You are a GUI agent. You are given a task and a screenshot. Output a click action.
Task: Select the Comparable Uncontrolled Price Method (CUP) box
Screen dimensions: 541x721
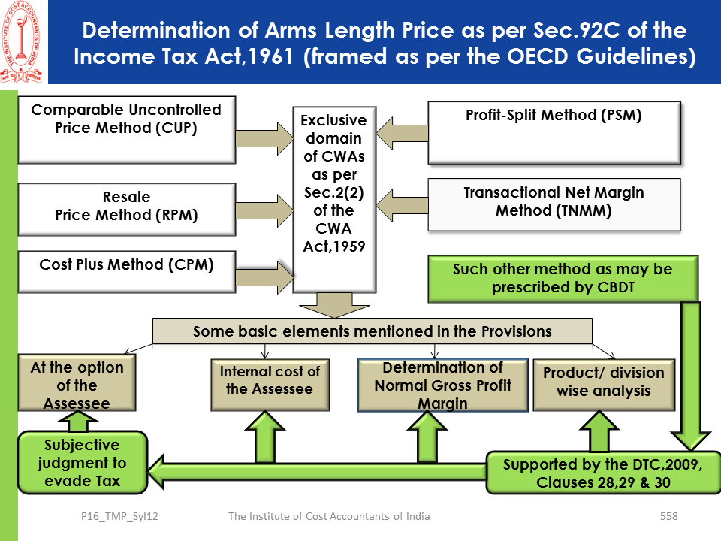click(125, 128)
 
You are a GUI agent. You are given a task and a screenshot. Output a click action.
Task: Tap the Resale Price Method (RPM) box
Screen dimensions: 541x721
click(125, 207)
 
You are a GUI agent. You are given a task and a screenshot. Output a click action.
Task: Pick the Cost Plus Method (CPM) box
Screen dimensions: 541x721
click(125, 273)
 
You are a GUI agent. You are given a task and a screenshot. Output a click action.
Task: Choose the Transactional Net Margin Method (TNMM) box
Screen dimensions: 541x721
click(554, 204)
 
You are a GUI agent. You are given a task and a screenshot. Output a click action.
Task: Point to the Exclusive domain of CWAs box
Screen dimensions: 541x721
click(333, 199)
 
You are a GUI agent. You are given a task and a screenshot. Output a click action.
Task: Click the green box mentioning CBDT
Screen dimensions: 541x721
click(563, 279)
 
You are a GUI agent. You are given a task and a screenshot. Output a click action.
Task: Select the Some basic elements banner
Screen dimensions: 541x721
click(372, 331)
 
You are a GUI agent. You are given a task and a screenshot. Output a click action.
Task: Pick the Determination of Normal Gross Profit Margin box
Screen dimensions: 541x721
click(442, 385)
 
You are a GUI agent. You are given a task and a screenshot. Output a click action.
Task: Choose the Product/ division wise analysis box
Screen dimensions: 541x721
click(604, 382)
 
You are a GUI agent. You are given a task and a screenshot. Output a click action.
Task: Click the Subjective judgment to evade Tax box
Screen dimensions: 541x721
click(80, 463)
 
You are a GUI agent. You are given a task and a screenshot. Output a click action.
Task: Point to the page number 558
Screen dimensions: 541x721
click(668, 516)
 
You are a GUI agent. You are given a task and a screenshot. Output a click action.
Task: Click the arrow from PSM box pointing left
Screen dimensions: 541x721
click(400, 135)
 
